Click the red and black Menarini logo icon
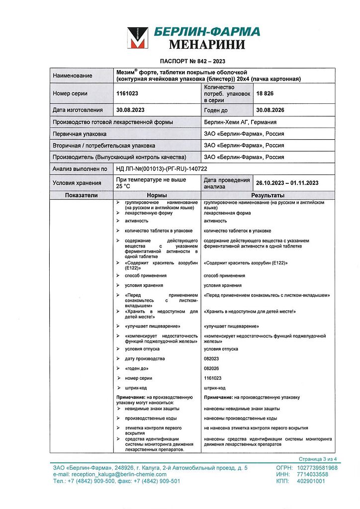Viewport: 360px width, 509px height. coord(138,38)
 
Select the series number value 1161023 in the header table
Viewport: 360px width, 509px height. coord(127,93)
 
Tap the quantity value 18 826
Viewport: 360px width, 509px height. coord(265,93)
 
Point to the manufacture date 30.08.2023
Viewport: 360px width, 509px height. coord(130,110)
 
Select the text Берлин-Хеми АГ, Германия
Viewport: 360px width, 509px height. coord(240,122)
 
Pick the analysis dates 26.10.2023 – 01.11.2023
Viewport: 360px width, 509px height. coord(287,183)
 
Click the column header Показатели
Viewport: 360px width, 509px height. coord(82,195)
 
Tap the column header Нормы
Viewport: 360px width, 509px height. coord(157,195)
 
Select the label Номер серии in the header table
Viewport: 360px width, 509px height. coord(70,93)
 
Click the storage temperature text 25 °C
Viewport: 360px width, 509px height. coord(123,186)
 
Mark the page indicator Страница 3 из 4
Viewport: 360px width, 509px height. coord(318,459)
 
